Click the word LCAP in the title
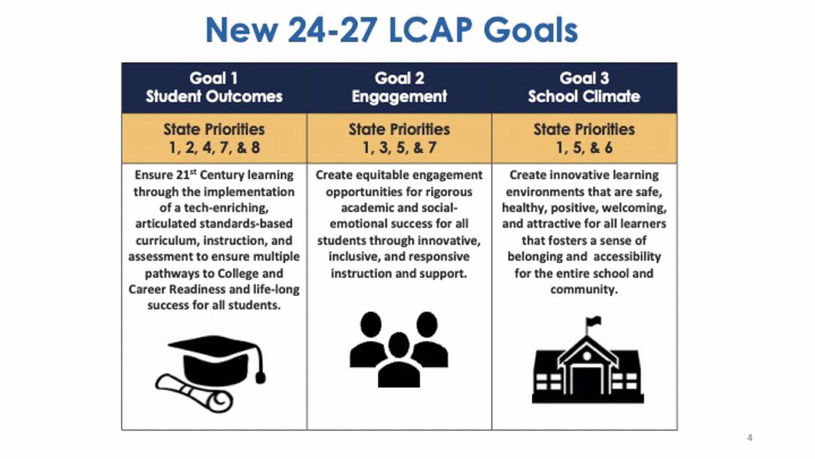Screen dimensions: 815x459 click(430, 30)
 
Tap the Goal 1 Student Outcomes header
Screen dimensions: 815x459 click(214, 88)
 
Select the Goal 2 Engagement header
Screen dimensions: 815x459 click(399, 88)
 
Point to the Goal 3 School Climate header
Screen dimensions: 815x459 click(584, 88)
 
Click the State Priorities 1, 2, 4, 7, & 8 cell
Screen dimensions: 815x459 click(214, 139)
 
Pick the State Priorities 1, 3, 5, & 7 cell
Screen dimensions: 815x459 click(399, 139)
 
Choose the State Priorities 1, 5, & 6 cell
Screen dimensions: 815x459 click(584, 139)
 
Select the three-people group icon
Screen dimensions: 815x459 click(399, 350)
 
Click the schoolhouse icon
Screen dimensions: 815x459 click(588, 360)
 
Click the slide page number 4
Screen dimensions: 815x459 click(750, 438)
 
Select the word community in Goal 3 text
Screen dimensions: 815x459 click(584, 289)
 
